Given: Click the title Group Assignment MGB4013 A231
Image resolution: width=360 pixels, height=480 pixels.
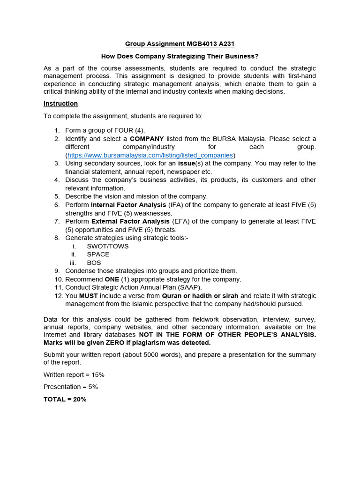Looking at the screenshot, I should pos(180,44).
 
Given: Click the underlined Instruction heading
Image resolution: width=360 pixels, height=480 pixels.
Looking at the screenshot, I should pos(60,104).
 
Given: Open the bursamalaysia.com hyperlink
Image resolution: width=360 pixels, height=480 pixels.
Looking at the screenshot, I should pos(150,155).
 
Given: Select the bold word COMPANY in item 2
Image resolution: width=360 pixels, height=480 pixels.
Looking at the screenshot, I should pos(147,139).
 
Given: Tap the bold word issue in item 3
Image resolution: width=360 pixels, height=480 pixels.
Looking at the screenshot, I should pos(186,164).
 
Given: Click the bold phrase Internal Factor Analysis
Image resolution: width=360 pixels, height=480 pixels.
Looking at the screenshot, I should pos(128,205).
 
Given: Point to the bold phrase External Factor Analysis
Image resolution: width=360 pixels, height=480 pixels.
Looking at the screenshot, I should pos(130,221).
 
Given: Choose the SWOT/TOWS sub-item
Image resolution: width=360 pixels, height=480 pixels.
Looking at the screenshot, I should pos(108,246).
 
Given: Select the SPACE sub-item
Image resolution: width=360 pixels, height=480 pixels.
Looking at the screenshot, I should pos(98,255).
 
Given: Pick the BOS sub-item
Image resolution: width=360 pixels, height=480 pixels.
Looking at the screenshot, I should pos(94,263).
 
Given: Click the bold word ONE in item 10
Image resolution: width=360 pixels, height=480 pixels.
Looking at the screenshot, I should pos(112,279).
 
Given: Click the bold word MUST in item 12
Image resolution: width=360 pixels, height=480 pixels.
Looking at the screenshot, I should pos(88,296).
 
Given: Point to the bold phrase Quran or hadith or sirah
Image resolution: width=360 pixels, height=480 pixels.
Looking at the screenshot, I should pos(200,296).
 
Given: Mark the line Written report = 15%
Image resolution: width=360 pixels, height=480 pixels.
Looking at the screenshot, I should pos(74,375).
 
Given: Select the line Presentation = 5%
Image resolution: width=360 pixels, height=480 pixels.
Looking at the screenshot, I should pos(70,387).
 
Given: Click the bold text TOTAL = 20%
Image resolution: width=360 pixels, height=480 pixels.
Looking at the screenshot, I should pos(65,399).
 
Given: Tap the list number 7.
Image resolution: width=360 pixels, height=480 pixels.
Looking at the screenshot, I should pos(57,221).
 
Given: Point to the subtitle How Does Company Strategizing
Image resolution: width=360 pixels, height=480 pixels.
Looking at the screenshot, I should pos(180,56).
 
